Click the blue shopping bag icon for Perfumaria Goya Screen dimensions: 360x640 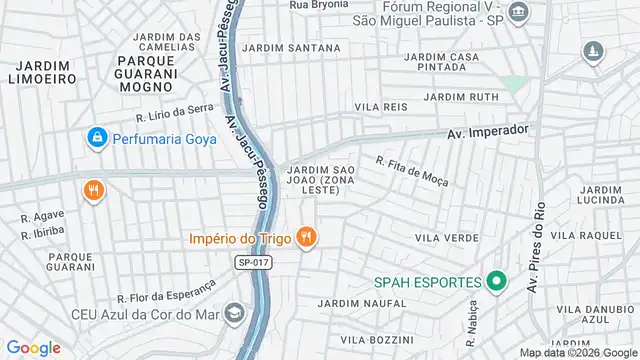click(96, 137)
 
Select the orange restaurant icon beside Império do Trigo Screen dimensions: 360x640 click(307, 238)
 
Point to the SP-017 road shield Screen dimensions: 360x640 click(253, 263)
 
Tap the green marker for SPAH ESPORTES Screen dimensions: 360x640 click(494, 283)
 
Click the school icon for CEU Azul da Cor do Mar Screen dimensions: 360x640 click(233, 314)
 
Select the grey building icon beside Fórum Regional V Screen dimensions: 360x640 click(517, 13)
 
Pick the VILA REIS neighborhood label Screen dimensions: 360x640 click(380, 106)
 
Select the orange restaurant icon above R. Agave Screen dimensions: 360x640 click(94, 189)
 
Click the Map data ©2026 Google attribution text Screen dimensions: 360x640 click(577, 352)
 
